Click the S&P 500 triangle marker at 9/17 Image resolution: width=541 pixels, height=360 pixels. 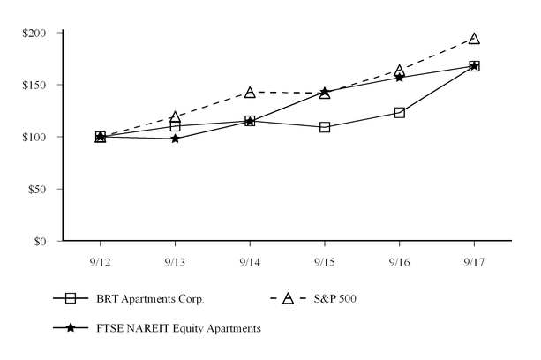pyautogui.click(x=474, y=39)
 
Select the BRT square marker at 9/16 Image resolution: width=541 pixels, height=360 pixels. pyautogui.click(x=400, y=113)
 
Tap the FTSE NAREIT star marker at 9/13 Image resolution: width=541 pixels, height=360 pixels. pyautogui.click(x=176, y=139)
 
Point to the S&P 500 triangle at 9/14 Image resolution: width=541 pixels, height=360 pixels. pyautogui.click(x=250, y=93)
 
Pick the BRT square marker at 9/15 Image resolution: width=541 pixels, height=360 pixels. pyautogui.click(x=325, y=127)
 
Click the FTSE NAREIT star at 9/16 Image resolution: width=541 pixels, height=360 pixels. pyautogui.click(x=400, y=77)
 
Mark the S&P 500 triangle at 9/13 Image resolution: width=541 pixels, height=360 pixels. pyautogui.click(x=176, y=117)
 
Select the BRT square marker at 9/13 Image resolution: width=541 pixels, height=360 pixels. pyautogui.click(x=176, y=126)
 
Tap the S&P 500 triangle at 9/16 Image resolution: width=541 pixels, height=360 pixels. pyautogui.click(x=400, y=71)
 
